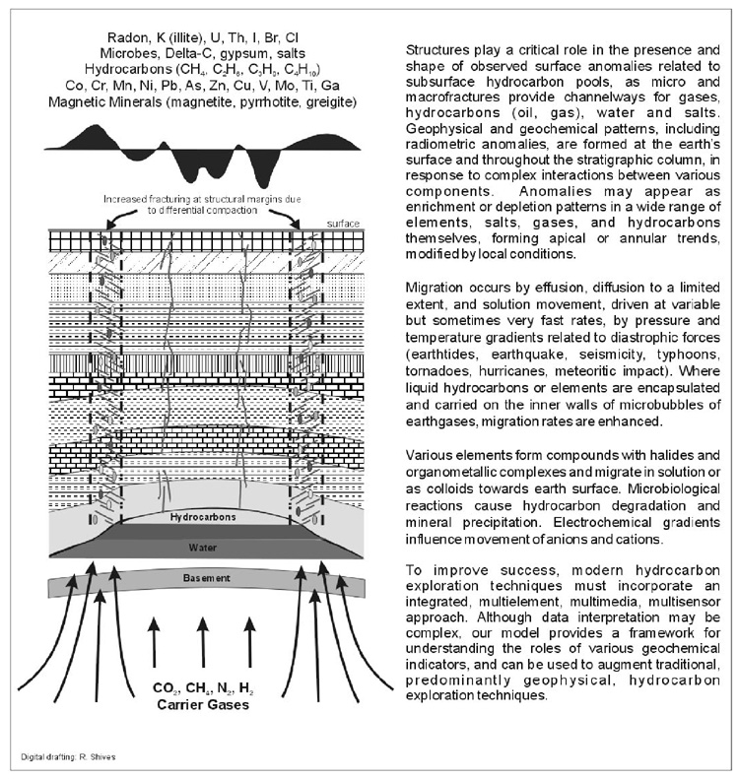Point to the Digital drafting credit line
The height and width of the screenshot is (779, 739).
(73, 757)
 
